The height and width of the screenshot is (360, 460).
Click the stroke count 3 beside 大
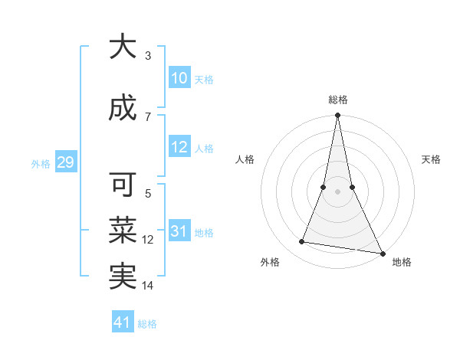(148, 55)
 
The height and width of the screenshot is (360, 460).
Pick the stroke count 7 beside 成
(148, 116)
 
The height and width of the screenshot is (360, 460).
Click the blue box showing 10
(179, 78)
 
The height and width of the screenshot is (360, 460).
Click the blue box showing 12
(179, 148)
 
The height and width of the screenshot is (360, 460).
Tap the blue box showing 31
(179, 231)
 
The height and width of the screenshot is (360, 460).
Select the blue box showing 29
(65, 162)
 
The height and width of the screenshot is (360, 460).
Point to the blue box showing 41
(123, 322)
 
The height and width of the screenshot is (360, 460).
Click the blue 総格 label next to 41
(147, 324)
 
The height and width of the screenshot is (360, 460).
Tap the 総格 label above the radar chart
(338, 100)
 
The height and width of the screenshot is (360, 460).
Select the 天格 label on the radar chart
(432, 159)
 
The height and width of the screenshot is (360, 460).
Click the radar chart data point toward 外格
(302, 242)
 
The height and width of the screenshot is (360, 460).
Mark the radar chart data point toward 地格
(382, 253)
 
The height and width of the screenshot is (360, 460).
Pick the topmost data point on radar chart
(338, 116)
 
